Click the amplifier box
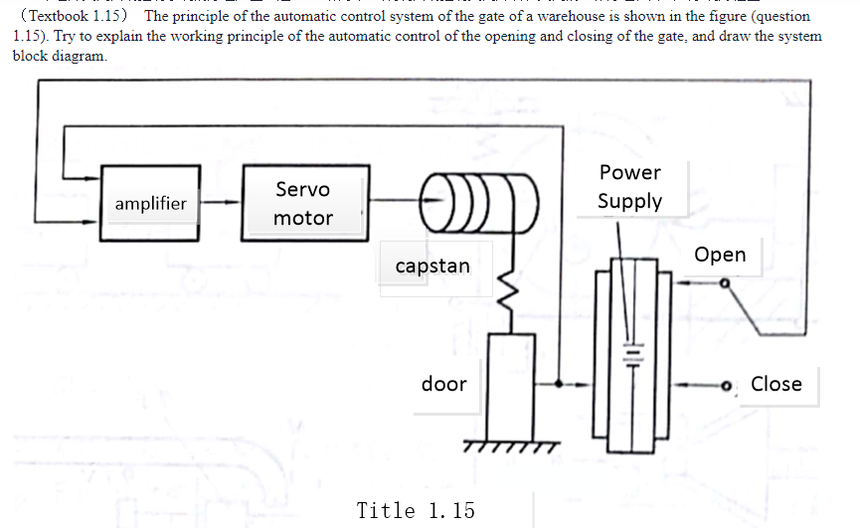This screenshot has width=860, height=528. pos(149,203)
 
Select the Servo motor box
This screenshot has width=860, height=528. pos(303,203)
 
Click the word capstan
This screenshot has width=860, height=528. pos(432,266)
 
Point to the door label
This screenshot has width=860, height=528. pos(443,384)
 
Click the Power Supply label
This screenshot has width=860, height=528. pos(629,187)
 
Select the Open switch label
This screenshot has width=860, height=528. pos(720,255)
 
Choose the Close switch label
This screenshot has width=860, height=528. pos(775,384)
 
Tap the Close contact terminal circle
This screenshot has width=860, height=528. pos(727,387)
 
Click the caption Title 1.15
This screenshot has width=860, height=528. pos(416,510)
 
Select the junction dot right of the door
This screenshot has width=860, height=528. pos(558,384)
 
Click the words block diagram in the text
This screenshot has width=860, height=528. pos(59,56)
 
